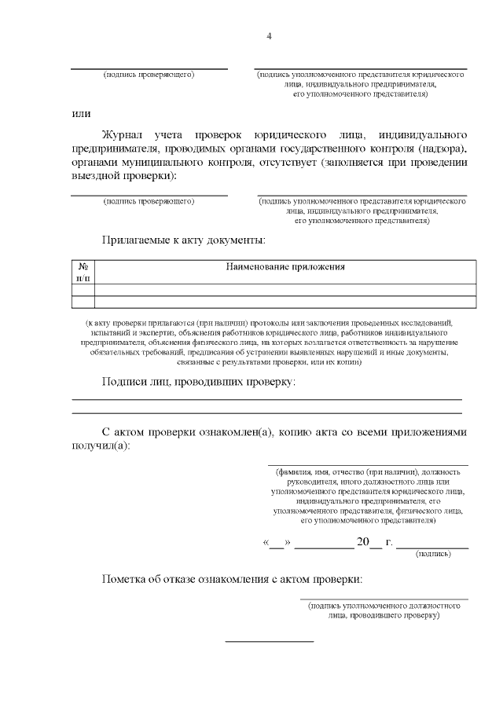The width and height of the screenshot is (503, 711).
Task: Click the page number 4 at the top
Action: [x=269, y=36]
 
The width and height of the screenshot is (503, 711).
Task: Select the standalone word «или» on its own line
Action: [x=81, y=113]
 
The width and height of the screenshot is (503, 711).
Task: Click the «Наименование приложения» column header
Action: [x=285, y=267]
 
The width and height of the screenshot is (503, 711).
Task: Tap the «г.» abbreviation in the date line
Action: [x=389, y=543]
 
